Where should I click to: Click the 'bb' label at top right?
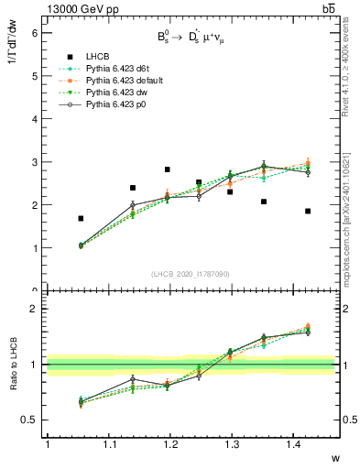click(328, 8)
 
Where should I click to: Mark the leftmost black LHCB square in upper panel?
click(82, 218)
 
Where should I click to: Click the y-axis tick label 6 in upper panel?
click(34, 32)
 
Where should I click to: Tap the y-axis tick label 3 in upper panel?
click(34, 162)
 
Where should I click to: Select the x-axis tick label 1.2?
click(169, 445)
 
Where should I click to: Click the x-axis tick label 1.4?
click(293, 445)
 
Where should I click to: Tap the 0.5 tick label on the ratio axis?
click(30, 420)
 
